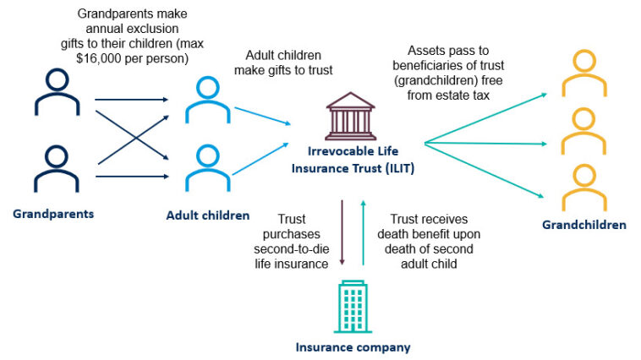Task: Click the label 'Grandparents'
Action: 53,214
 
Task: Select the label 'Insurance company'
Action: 353,346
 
